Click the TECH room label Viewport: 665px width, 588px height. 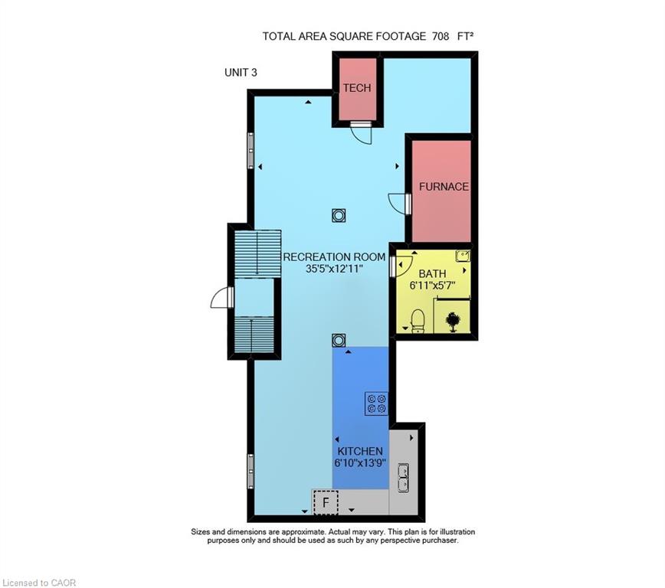coord(357,88)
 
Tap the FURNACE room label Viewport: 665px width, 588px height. coord(444,187)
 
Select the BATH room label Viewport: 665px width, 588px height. coord(432,273)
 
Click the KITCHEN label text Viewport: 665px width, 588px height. coord(360,451)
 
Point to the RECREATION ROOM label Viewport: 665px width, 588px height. coord(334,257)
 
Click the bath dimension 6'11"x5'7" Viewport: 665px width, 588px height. coord(432,286)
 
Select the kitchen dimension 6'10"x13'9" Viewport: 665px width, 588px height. coord(360,463)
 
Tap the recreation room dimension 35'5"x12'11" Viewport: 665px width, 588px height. coord(334,269)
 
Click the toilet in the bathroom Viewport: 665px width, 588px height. coord(418,322)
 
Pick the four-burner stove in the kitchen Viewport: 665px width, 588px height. coord(377,403)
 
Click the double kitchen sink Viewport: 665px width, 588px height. coord(403,479)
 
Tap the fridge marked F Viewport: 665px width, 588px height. coord(326,503)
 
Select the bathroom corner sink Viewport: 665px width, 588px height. coord(463,256)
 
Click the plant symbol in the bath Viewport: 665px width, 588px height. coord(453,322)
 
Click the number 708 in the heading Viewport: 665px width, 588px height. coord(441,37)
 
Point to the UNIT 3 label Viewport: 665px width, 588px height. coord(241,73)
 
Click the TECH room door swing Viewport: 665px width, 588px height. coord(361,136)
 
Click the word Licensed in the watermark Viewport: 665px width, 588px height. coord(19,583)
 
